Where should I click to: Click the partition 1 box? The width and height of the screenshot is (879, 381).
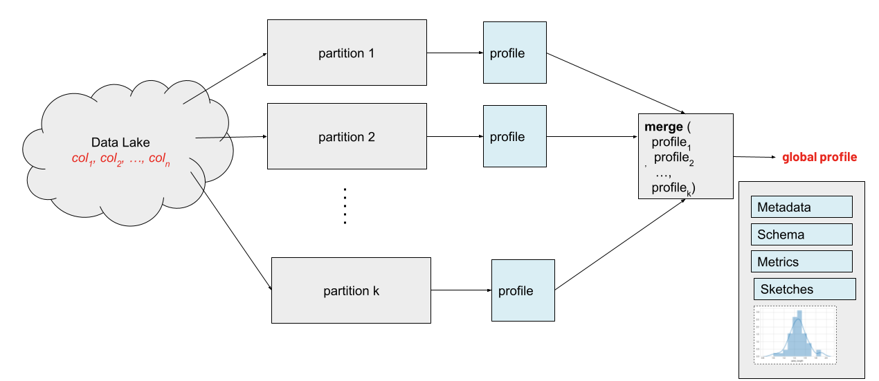[347, 53]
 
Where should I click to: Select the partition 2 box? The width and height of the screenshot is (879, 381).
[347, 137]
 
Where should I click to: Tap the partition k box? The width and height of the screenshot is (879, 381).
[351, 291]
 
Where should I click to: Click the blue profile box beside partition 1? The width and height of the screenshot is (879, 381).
[514, 53]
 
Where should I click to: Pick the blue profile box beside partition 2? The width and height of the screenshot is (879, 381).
[514, 137]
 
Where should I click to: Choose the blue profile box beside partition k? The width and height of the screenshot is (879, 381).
[523, 290]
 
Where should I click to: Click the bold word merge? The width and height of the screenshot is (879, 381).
[661, 127]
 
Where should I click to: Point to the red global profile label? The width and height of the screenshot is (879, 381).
[819, 158]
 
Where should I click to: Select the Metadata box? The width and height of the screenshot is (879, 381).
[801, 207]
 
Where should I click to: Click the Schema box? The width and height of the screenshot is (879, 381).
[801, 234]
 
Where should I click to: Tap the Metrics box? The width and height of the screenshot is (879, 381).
[801, 262]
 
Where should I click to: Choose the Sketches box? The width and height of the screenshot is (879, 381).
[804, 289]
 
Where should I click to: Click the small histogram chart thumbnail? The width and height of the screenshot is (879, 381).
[795, 335]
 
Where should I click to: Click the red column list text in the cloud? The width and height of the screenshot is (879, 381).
[120, 159]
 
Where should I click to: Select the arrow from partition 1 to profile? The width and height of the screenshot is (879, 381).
[455, 53]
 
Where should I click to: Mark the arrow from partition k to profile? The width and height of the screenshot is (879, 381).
[461, 291]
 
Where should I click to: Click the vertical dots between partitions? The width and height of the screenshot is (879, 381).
[344, 205]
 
